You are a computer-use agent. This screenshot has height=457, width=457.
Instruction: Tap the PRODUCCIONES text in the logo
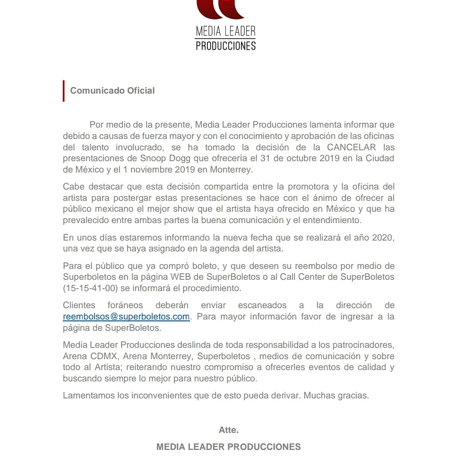225,45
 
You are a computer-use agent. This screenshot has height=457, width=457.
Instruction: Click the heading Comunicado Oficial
112,90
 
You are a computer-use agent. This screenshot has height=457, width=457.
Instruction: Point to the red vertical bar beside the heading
64,91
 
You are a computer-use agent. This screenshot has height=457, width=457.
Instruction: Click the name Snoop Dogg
164,158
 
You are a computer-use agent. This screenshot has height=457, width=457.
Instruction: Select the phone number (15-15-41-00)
90,288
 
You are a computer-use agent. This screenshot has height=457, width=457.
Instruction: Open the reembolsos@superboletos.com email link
126,317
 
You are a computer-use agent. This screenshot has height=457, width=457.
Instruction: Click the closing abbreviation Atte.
228,430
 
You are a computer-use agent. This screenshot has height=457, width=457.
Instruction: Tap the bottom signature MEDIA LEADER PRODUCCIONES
228,447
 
